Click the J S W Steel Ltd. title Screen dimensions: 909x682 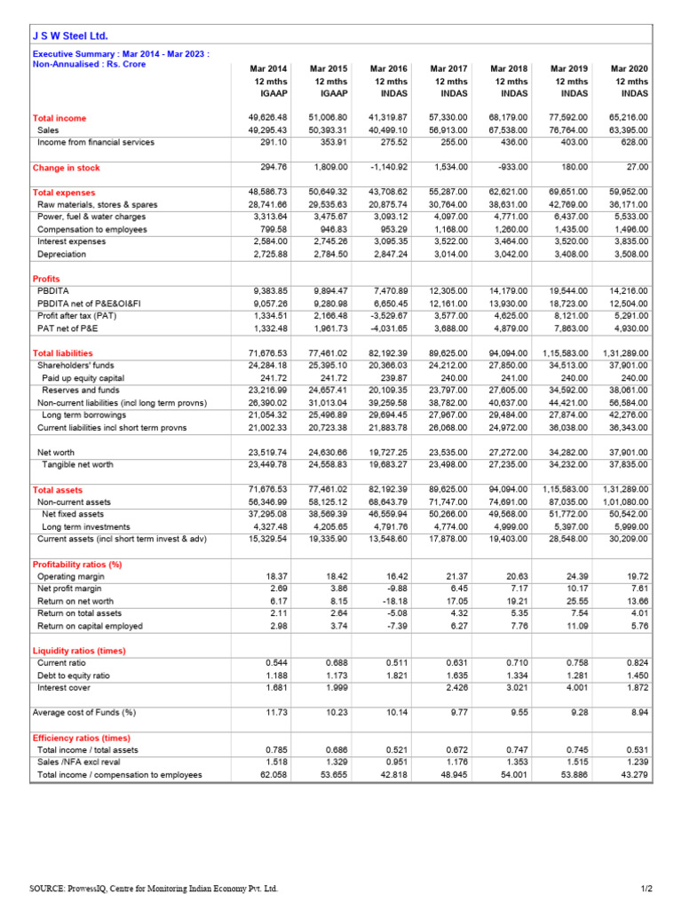coord(70,36)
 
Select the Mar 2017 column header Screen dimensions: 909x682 coord(448,68)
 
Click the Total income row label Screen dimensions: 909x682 coord(59,117)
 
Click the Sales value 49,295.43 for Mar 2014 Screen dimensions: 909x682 coord(268,130)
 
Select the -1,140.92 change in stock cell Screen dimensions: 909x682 coord(387,167)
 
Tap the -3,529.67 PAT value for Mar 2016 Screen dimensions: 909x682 coord(389,315)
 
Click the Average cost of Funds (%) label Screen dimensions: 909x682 coord(83,712)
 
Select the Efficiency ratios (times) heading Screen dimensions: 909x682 coord(81,738)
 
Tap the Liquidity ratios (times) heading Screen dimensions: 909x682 coord(78,651)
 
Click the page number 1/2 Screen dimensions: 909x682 coord(646,889)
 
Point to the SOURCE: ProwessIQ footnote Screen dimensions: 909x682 coord(154,889)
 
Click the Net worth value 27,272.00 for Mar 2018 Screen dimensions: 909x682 coord(509,452)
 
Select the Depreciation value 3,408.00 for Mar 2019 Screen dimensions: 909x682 coord(569,254)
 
